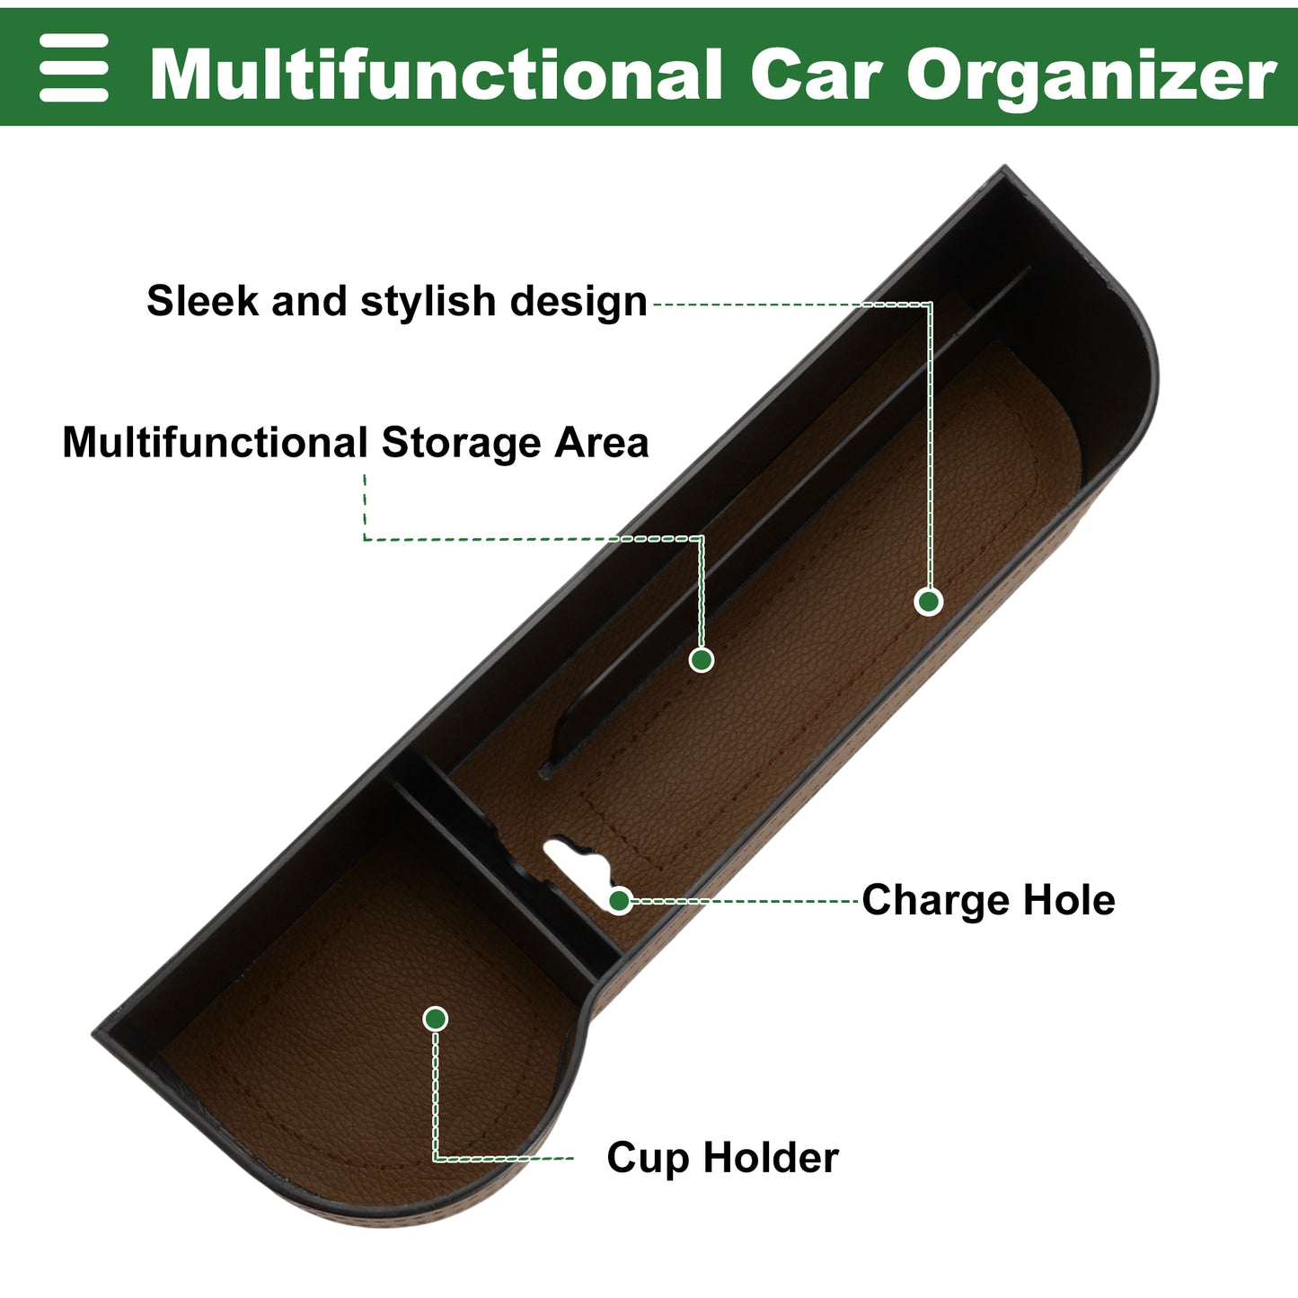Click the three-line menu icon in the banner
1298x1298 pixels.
click(x=74, y=67)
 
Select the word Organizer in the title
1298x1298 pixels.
click(x=1091, y=76)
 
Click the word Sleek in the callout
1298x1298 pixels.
click(x=203, y=300)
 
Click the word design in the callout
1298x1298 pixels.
click(x=578, y=302)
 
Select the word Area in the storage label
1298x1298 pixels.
click(x=602, y=443)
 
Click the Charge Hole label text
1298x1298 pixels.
click(x=988, y=900)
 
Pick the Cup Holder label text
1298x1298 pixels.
click(x=723, y=1157)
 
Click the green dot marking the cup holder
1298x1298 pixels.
click(x=436, y=1019)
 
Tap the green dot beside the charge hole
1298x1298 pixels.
click(x=620, y=901)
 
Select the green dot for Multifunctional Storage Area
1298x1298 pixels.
click(x=702, y=659)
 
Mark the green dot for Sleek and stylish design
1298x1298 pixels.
click(x=929, y=601)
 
